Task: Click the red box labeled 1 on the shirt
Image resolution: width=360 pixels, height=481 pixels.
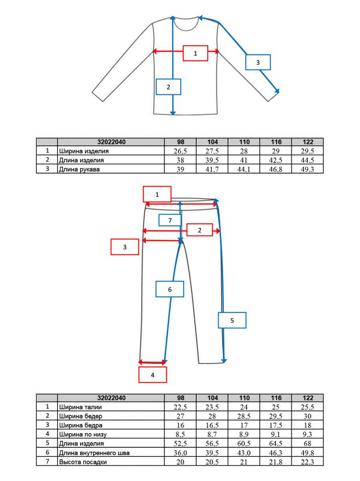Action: (x=195, y=53)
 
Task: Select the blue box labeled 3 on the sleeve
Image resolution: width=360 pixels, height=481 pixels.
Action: (x=258, y=63)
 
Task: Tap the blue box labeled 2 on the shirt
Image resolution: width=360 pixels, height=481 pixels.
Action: (x=168, y=87)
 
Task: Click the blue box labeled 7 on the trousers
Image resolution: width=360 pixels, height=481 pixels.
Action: (x=170, y=220)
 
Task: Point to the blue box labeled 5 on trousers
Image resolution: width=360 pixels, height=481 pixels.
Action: (x=232, y=320)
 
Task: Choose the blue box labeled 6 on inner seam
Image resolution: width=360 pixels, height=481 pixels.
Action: (x=170, y=289)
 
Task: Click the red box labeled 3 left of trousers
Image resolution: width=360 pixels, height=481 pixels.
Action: (x=125, y=247)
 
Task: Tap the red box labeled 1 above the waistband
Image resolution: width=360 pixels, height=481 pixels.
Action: (x=157, y=194)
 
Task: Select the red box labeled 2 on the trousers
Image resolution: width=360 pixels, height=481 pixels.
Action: (x=199, y=230)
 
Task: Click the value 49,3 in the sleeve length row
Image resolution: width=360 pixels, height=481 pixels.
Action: (x=307, y=169)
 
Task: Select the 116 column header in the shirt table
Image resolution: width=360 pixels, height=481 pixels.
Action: (x=276, y=142)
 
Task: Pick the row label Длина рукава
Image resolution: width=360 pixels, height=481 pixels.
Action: (x=79, y=170)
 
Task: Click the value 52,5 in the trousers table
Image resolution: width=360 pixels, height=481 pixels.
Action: (x=180, y=443)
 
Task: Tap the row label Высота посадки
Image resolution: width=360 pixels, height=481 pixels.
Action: (x=83, y=462)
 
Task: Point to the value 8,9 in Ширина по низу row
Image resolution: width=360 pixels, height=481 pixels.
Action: (x=243, y=434)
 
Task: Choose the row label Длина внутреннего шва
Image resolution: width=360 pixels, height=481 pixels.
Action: (x=95, y=453)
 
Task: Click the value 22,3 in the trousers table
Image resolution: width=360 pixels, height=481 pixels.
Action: (x=307, y=462)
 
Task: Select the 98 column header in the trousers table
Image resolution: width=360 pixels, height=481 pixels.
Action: (x=181, y=398)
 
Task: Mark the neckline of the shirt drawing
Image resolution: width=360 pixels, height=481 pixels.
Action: (x=186, y=24)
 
